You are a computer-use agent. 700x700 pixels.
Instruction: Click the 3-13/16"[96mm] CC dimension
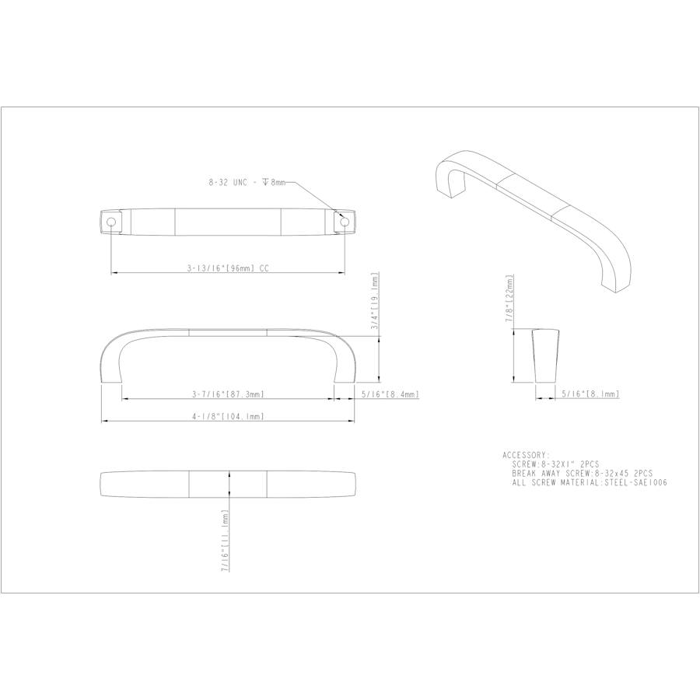228,267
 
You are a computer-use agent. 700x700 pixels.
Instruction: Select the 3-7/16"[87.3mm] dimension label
228,395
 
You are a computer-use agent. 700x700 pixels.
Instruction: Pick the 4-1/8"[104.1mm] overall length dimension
228,416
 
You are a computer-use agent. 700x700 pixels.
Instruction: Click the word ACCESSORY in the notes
527,455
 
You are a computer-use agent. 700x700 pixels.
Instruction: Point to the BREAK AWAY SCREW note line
582,473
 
